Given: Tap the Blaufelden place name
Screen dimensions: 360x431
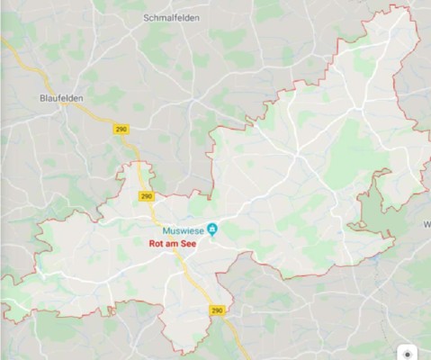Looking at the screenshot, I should click(x=62, y=97).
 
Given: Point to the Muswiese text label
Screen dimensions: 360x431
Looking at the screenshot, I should click(x=184, y=229).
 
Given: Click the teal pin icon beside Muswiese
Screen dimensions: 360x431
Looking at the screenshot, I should click(x=212, y=229).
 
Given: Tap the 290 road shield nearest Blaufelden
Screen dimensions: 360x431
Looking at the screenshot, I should click(x=121, y=130).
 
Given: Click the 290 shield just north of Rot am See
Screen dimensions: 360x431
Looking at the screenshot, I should click(x=147, y=195).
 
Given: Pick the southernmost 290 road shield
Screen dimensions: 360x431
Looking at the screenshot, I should click(x=217, y=310).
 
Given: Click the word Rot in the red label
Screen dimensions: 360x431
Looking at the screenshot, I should click(x=156, y=242).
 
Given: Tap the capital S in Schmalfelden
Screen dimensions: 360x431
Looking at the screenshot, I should click(x=147, y=17).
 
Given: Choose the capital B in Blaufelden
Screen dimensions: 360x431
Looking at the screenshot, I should click(x=42, y=97).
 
